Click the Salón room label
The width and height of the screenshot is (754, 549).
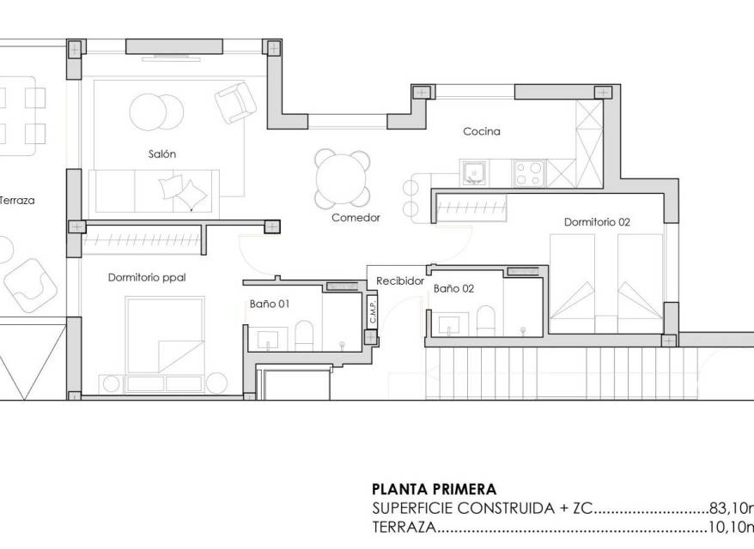[x=162, y=154]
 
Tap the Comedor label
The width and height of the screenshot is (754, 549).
[x=356, y=218]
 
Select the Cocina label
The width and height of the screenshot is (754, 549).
[x=482, y=131]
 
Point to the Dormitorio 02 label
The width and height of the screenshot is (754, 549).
[x=597, y=222]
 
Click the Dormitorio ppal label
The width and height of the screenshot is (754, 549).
[x=147, y=278]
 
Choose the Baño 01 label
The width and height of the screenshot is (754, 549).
[x=270, y=304]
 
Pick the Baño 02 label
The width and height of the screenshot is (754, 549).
[x=453, y=289]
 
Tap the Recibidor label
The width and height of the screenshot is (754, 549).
[x=400, y=281]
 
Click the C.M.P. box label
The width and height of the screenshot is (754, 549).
[x=372, y=311]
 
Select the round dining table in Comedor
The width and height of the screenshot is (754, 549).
[x=343, y=179]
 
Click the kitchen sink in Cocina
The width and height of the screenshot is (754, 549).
[x=474, y=173]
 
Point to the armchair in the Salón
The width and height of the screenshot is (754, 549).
[x=235, y=103]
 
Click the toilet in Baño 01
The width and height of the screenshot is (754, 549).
[x=304, y=335]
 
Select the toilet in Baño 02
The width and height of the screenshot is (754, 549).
[x=486, y=320]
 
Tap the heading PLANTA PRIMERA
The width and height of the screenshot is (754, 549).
[x=434, y=490]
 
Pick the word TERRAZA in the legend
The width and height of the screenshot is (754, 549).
[x=404, y=528]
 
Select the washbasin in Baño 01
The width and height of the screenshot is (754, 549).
[x=267, y=338]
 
